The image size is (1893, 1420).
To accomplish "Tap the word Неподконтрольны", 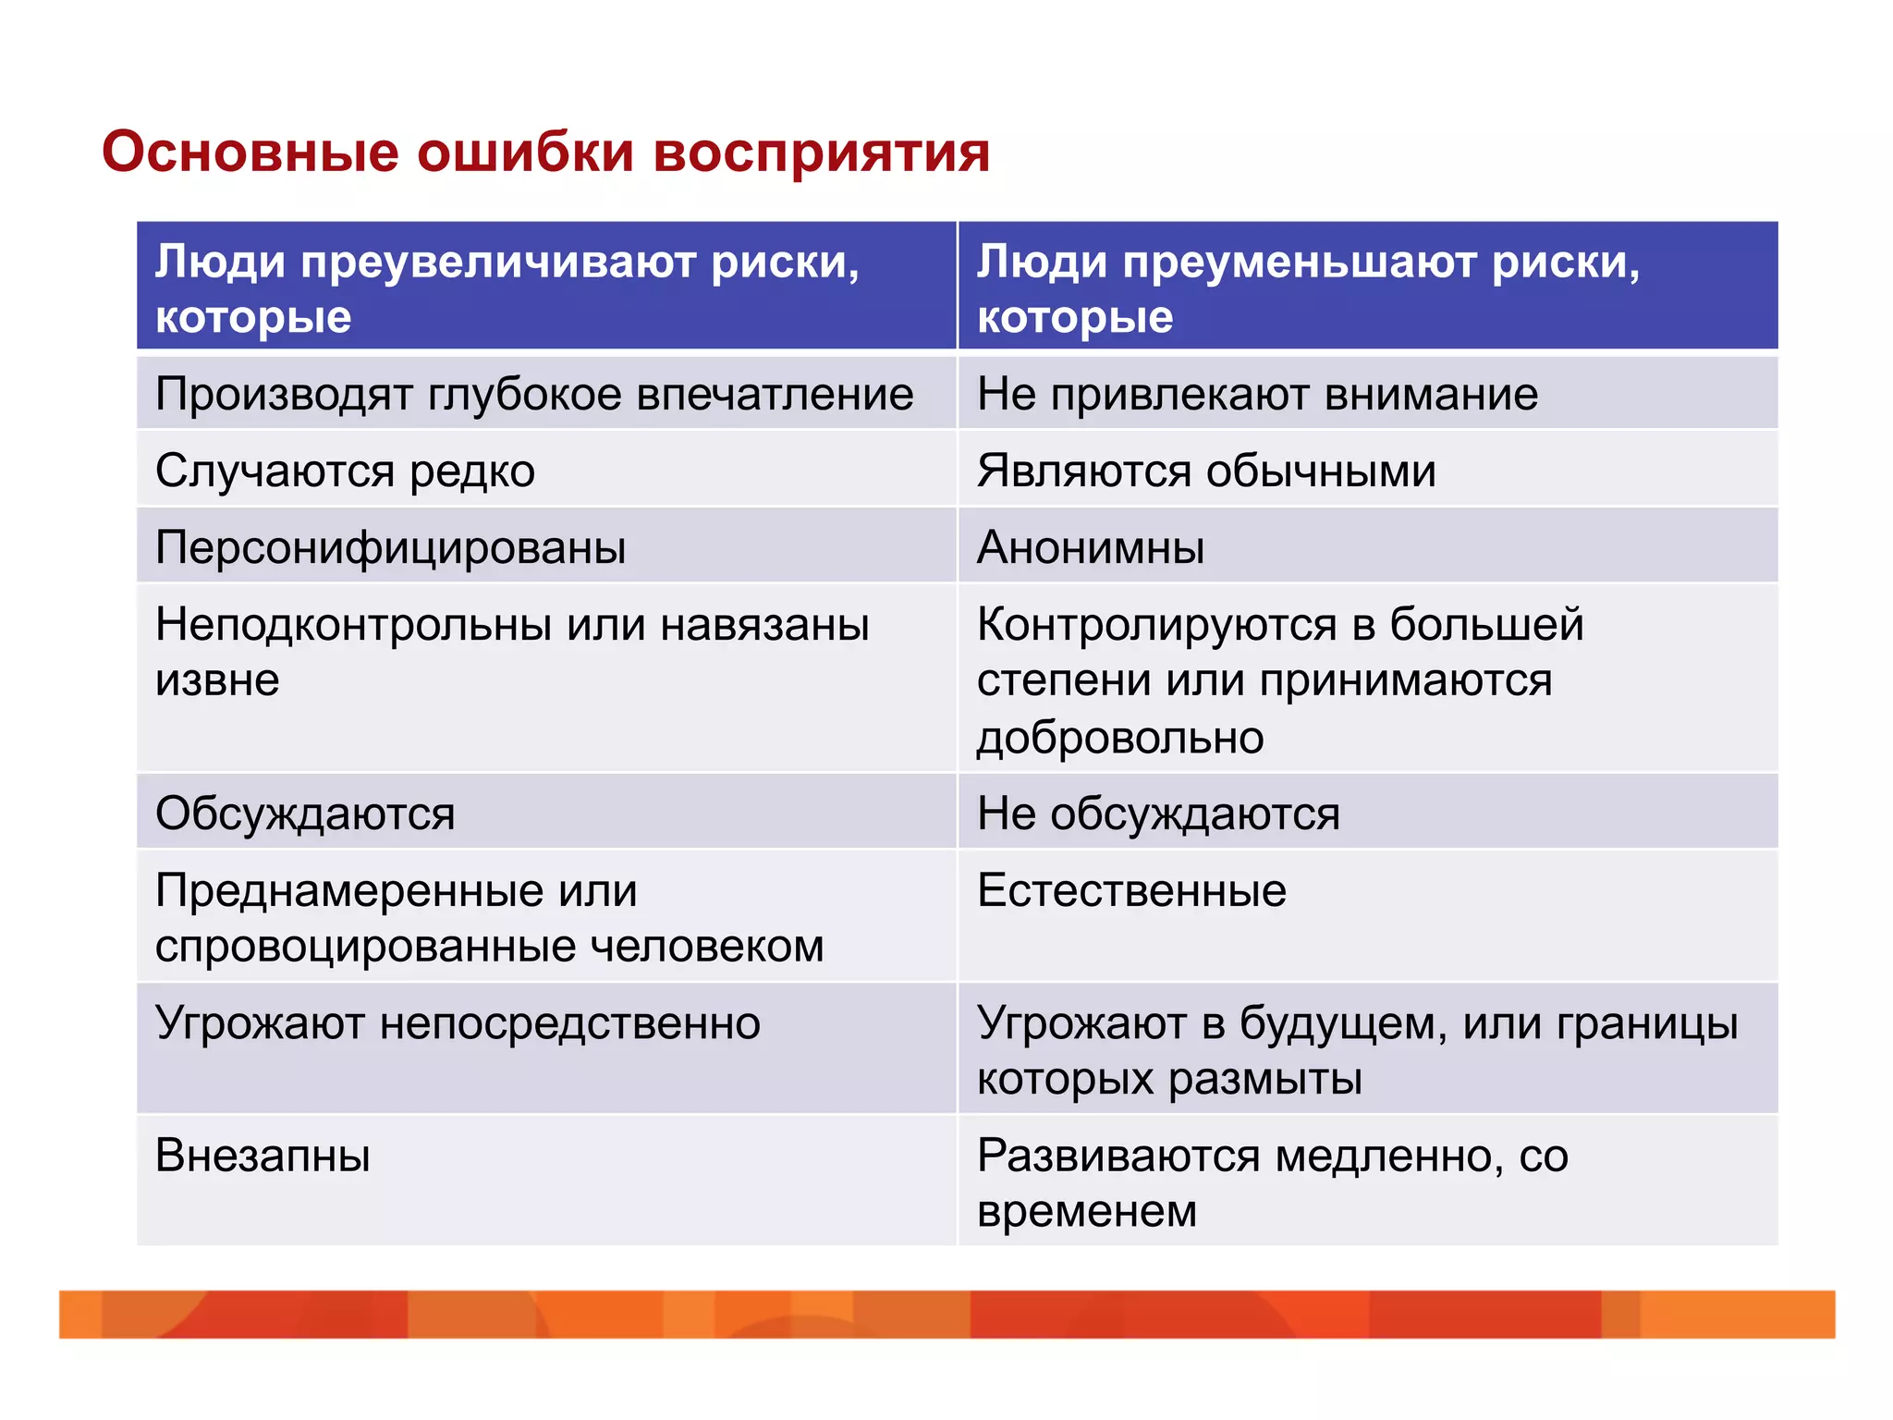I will [x=353, y=625].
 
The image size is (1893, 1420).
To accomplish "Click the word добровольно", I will [x=1120, y=738].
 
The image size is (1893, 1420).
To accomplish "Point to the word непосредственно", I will [x=569, y=1023].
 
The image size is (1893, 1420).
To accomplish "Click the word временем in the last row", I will [x=1087, y=1211].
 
